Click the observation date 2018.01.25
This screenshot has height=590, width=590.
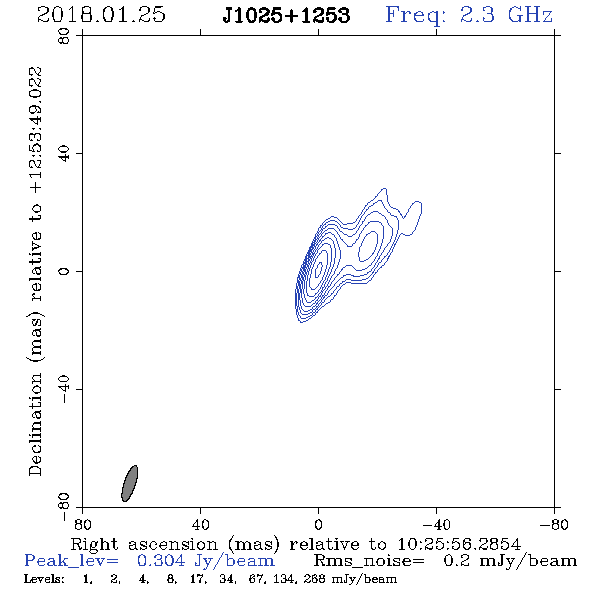pyautogui.click(x=101, y=15)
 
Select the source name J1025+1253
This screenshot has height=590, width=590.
pyautogui.click(x=286, y=15)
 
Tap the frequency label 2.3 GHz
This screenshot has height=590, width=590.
pyautogui.click(x=506, y=15)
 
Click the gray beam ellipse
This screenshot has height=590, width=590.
pyautogui.click(x=129, y=484)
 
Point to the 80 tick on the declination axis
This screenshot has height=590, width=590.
pyautogui.click(x=64, y=36)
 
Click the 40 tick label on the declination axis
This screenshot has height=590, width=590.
pyautogui.click(x=64, y=154)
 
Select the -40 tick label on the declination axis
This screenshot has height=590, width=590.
pyautogui.click(x=64, y=389)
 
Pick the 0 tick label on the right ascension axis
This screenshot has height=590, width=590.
pyautogui.click(x=318, y=525)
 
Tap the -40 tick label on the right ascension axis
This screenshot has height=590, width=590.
pyautogui.click(x=436, y=525)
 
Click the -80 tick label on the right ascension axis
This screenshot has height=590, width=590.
pyautogui.click(x=554, y=525)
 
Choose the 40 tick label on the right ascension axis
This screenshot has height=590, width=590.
pyautogui.click(x=201, y=525)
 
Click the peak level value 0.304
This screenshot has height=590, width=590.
pyautogui.click(x=161, y=561)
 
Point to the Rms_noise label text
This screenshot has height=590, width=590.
pyautogui.click(x=369, y=561)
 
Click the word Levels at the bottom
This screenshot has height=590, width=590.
pyautogui.click(x=44, y=579)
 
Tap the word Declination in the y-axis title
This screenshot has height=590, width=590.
pyautogui.click(x=35, y=424)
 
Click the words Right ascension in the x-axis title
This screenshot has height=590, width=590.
pyautogui.click(x=144, y=544)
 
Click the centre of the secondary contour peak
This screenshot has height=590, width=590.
pyautogui.click(x=369, y=246)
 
